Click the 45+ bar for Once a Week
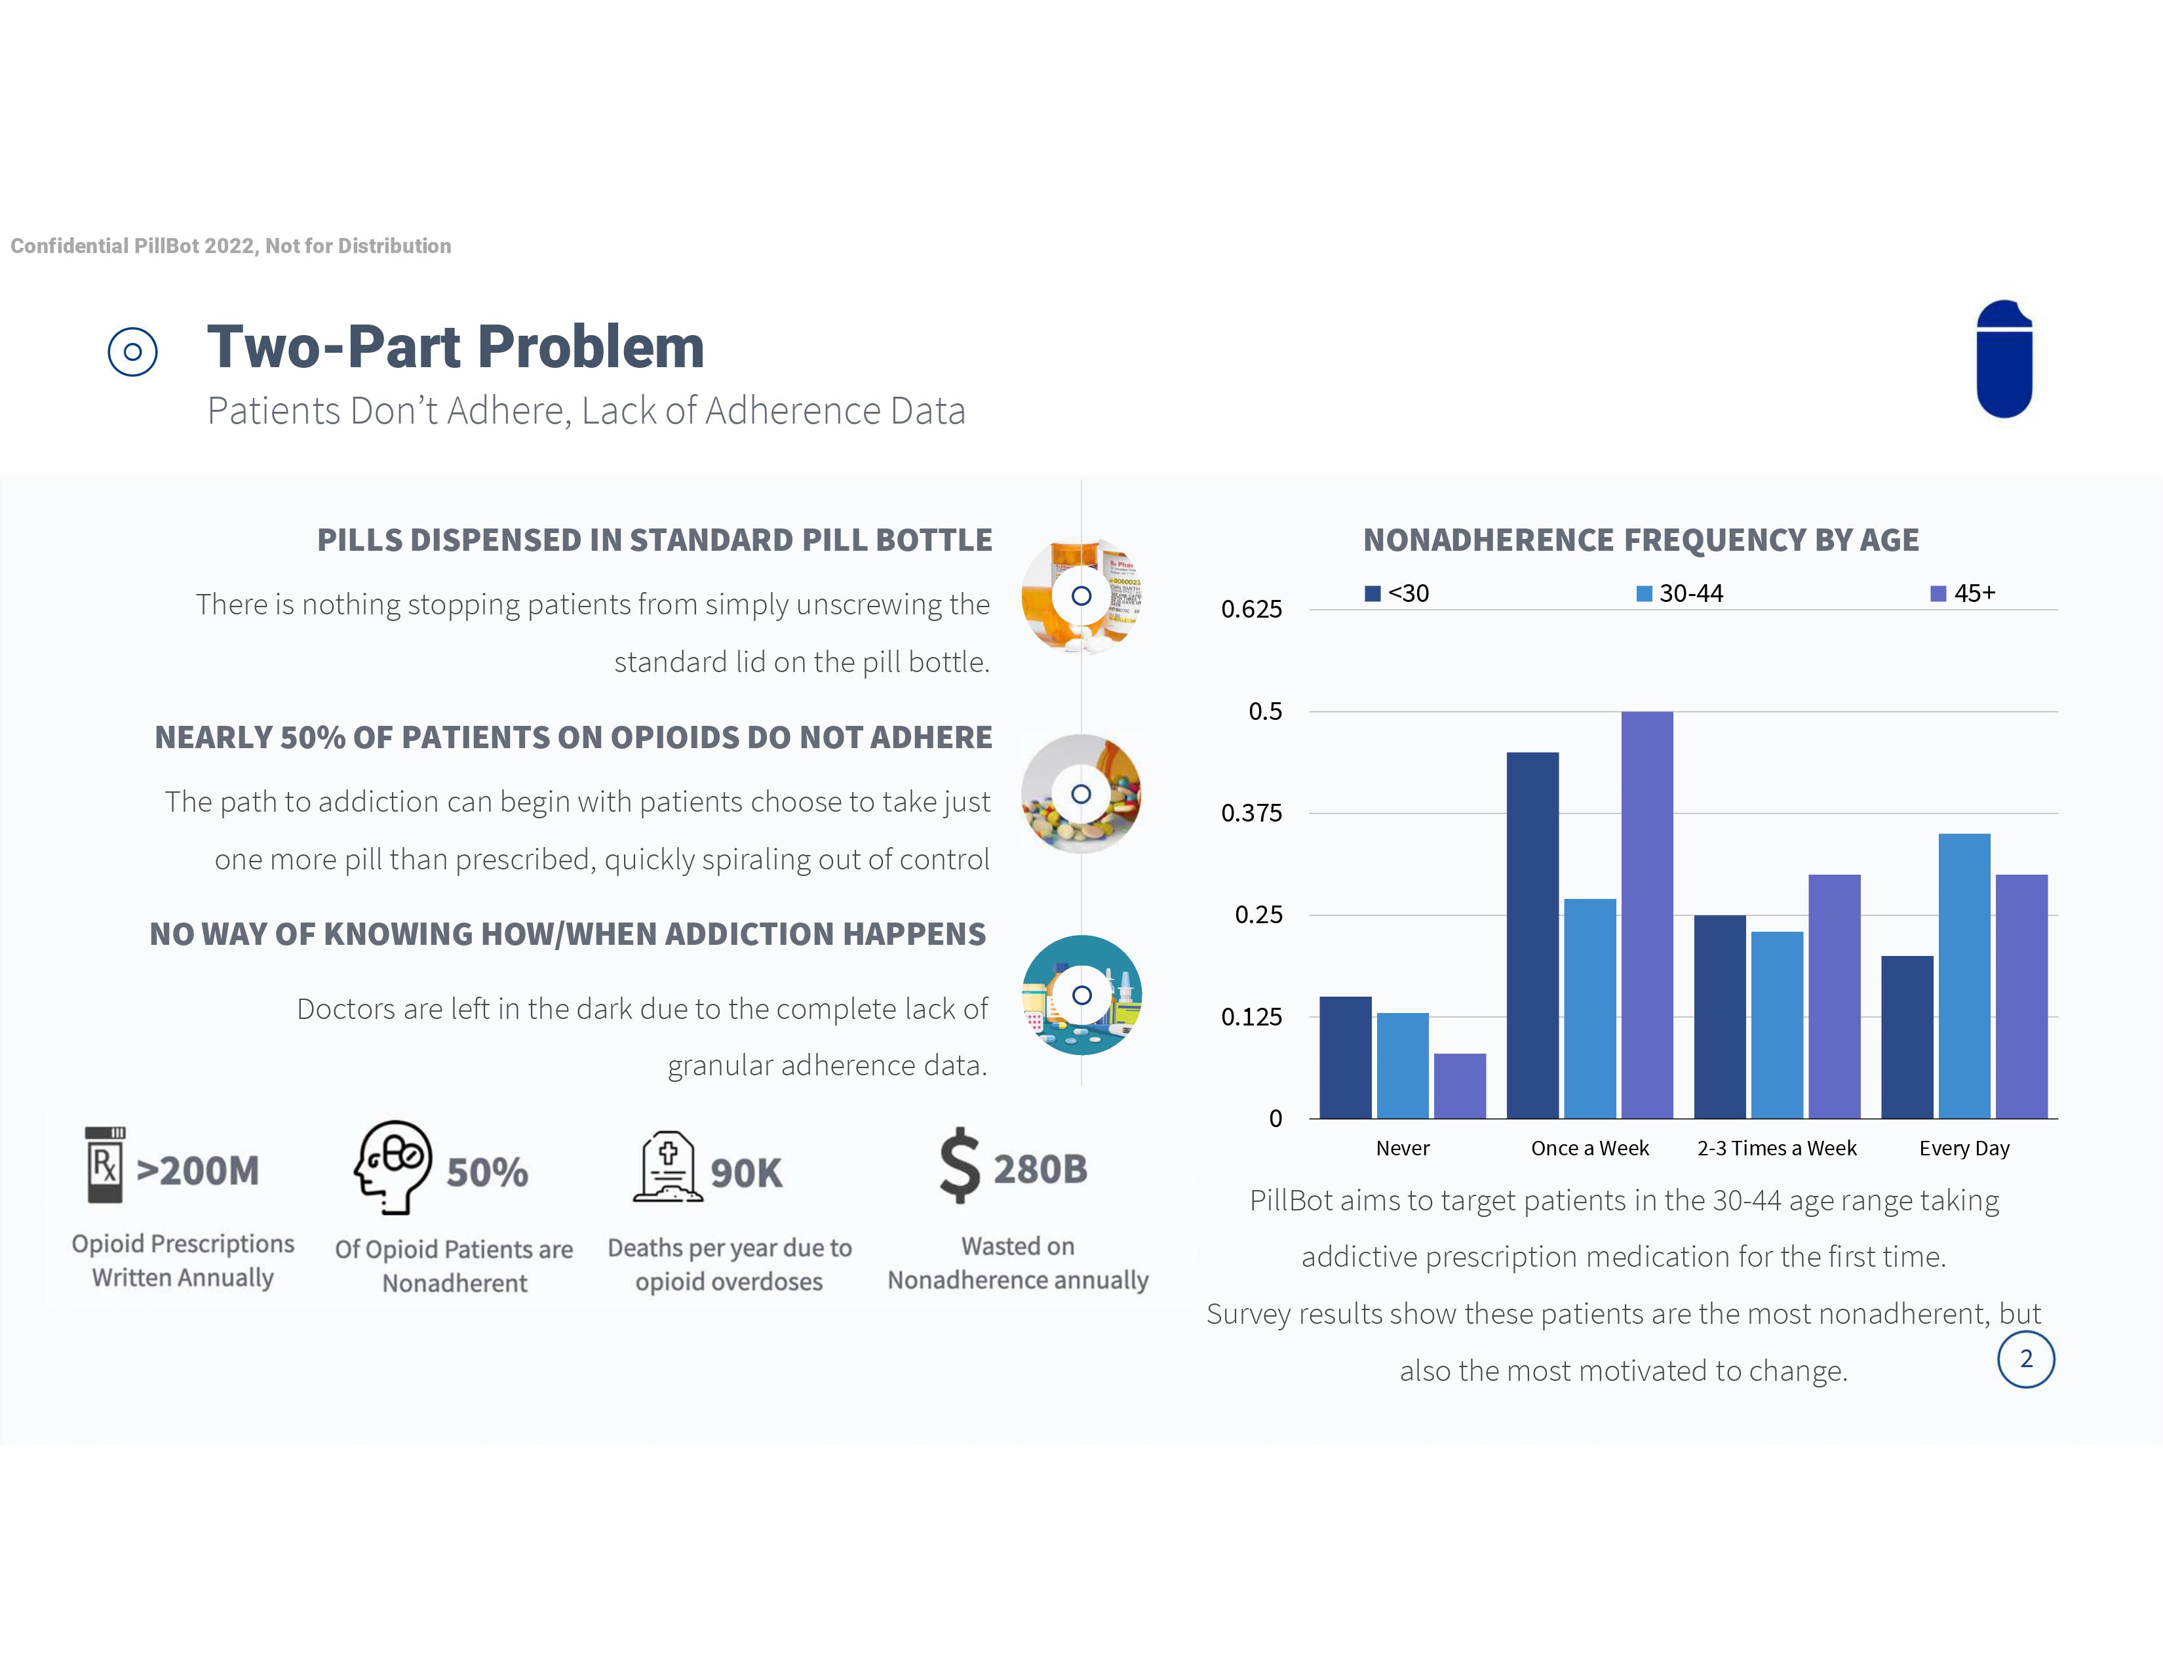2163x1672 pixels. pos(1647,914)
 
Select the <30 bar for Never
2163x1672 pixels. pos(1345,1057)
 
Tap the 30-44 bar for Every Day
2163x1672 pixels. pos(1964,976)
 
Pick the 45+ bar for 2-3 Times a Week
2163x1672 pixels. pos(1834,997)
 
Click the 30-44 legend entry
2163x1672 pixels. pos(1680,593)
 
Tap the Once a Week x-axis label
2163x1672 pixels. pos(1589,1148)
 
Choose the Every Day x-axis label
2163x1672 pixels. pos(1964,1148)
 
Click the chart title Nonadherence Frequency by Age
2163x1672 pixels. pos(1640,540)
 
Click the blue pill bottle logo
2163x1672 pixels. pos(2004,359)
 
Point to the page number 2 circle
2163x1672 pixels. pos(2025,1359)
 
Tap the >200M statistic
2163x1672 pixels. pos(198,1171)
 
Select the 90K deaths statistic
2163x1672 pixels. pos(746,1173)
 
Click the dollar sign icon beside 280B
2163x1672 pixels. pos(960,1166)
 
